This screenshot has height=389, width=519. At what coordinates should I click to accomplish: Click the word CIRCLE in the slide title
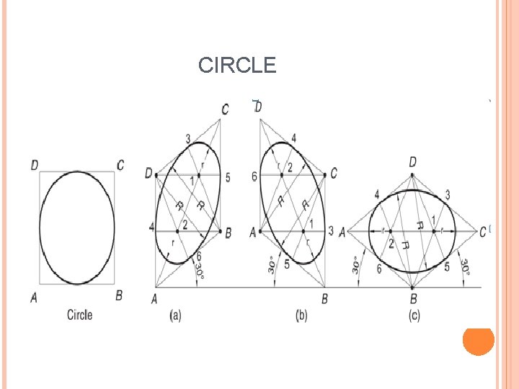pos(237,66)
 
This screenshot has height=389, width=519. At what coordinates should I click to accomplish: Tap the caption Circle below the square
pos(80,315)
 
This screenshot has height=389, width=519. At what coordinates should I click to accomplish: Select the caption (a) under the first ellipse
pos(175,316)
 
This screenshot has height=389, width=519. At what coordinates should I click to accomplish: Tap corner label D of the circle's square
pos(35,166)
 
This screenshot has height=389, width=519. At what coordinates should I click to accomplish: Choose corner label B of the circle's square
pos(119,295)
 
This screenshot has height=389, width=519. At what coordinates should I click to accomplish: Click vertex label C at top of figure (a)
pos(226,109)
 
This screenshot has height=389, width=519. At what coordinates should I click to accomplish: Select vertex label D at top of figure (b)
pos(258,107)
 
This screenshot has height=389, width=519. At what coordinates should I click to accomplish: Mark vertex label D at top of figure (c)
pos(412,162)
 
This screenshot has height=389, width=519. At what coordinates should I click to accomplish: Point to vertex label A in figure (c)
pos(342,232)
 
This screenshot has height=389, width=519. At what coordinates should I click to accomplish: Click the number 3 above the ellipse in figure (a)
pos(188,138)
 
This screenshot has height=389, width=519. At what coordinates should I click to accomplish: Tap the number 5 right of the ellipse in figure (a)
pos(228,177)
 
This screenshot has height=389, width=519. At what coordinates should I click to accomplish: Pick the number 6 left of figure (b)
pos(254,176)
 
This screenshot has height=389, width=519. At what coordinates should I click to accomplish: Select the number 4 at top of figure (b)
pos(293,138)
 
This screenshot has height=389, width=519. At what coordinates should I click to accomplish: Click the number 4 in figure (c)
pos(377,194)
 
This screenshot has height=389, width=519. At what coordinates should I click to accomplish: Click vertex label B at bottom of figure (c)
pos(414,298)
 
